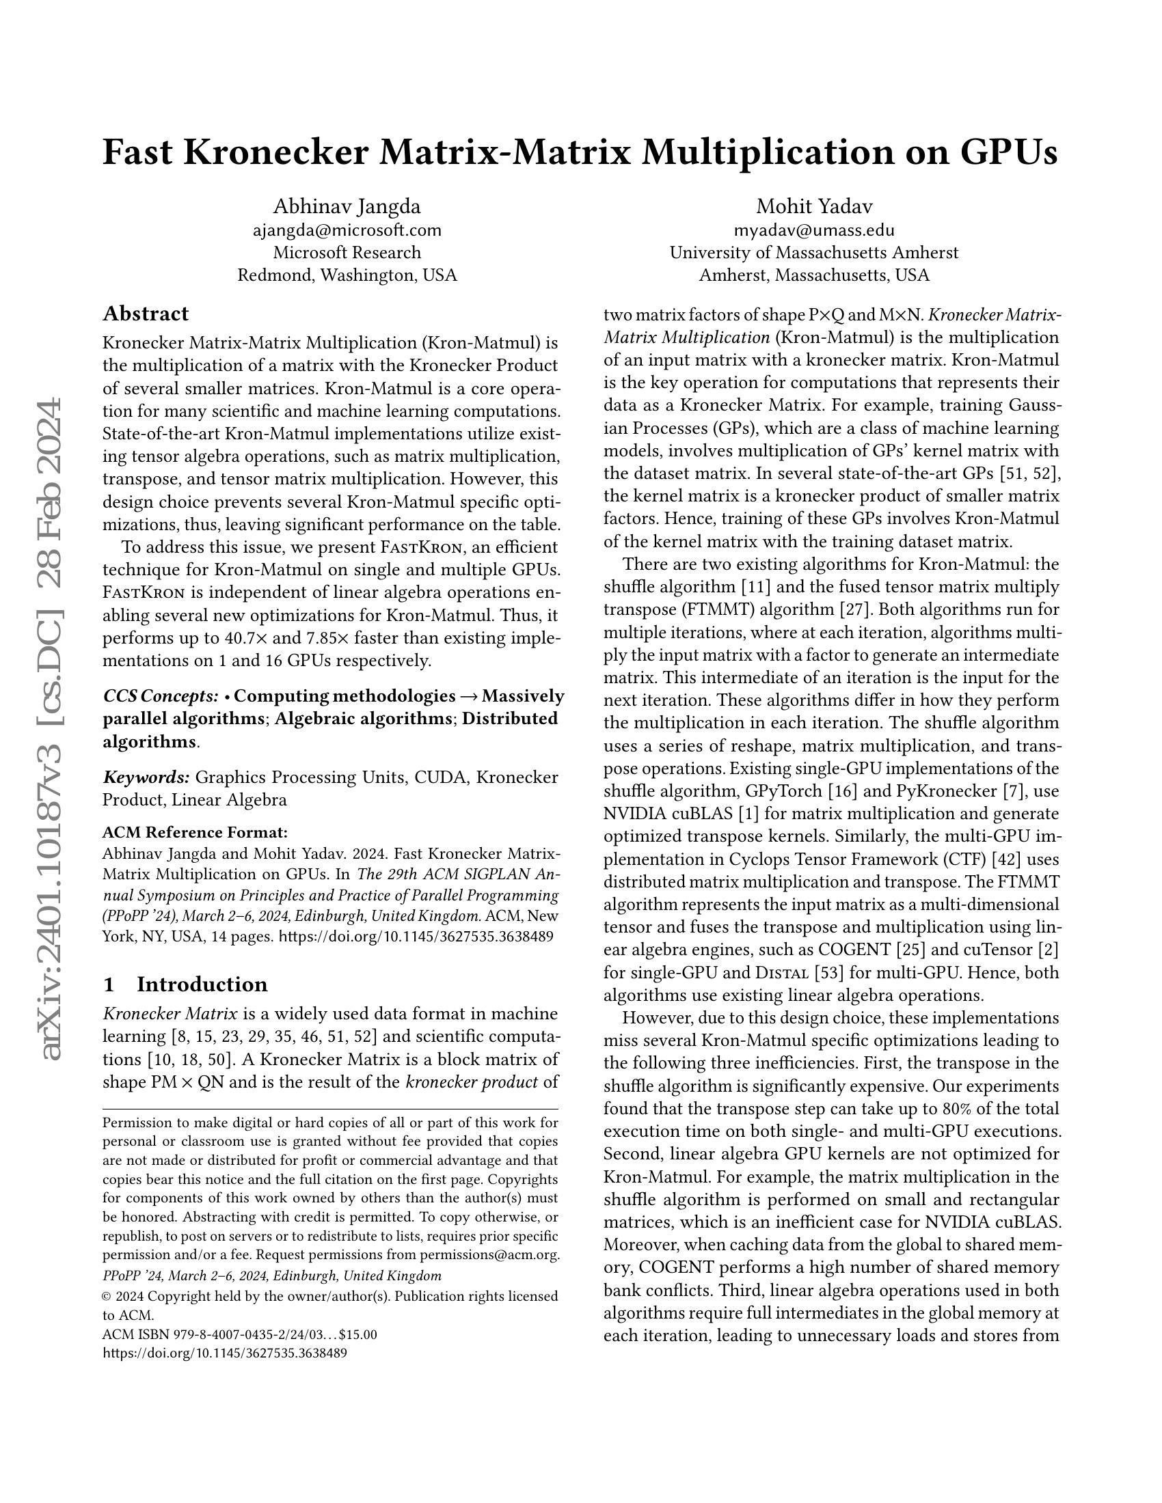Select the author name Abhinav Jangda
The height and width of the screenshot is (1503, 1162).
pyautogui.click(x=347, y=206)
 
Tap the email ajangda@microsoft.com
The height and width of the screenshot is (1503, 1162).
pyautogui.click(x=347, y=230)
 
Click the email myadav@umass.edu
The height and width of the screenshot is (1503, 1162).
pyautogui.click(x=813, y=230)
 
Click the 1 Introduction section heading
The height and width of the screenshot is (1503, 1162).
pyautogui.click(x=185, y=984)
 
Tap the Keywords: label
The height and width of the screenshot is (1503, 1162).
pyautogui.click(x=146, y=777)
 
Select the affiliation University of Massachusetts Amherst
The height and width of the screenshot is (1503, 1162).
pyautogui.click(x=813, y=253)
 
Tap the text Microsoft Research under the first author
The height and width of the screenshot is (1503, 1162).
pyautogui.click(x=347, y=253)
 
